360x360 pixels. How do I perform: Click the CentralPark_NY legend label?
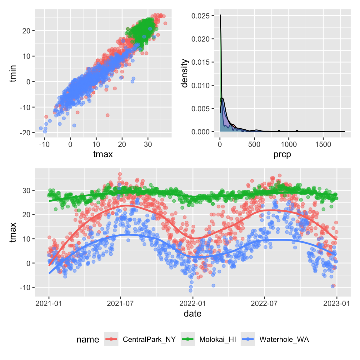149,339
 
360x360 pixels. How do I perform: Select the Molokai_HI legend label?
217,339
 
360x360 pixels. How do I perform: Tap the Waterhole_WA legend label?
284,339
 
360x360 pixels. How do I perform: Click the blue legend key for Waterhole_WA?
248,339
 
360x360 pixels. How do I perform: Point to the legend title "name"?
87,340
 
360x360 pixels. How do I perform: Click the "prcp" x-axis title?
282,154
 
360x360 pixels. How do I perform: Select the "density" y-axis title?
185,73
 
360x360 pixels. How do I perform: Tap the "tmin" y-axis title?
12,73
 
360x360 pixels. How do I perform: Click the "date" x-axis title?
192,313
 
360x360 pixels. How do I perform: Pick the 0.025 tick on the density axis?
200,16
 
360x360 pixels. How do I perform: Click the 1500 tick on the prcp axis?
323,144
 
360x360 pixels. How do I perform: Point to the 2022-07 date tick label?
264,303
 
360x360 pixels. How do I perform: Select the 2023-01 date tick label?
337,303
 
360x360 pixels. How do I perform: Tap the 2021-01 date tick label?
49,303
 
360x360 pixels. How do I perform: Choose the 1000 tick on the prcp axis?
288,144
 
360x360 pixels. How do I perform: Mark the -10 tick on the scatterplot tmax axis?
44,144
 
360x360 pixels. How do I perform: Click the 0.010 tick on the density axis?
200,85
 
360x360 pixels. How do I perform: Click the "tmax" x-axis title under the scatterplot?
103,154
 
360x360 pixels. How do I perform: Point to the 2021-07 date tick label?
120,303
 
